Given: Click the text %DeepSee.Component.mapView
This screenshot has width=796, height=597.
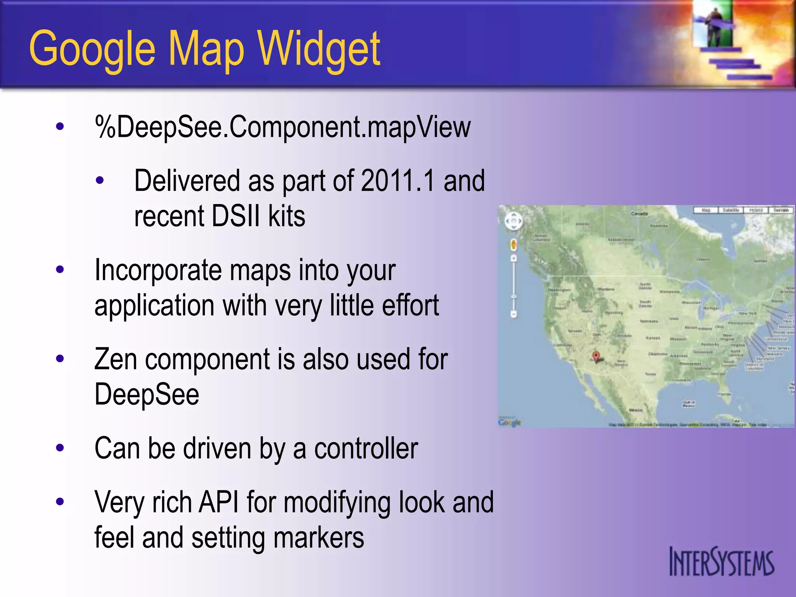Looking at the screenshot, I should tap(283, 127).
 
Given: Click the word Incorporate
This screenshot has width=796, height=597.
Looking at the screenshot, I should tap(158, 270).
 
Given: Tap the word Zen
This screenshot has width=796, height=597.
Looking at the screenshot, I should tap(115, 359).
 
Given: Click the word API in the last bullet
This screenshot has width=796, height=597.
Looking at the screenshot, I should tap(218, 502).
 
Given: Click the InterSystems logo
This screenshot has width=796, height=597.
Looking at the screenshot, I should tap(722, 562).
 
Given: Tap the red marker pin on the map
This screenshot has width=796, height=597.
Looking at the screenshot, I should tap(596, 356).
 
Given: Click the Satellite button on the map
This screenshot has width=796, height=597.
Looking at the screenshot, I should tap(730, 210).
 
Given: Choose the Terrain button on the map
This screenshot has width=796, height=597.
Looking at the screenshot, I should tap(780, 210).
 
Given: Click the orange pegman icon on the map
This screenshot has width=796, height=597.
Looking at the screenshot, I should tap(513, 245).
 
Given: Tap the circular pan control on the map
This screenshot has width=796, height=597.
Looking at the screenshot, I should tap(513, 222).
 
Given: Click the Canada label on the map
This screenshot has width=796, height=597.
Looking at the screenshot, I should tap(639, 214).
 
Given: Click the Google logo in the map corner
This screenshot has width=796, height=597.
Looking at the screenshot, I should tap(509, 422).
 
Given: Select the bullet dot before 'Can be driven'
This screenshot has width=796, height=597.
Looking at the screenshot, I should tap(60, 448).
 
